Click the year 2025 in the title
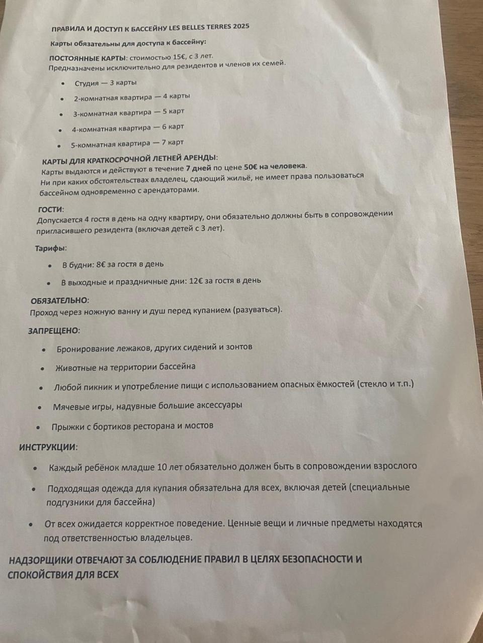(x=238, y=27)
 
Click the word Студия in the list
(x=87, y=83)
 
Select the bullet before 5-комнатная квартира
(x=59, y=146)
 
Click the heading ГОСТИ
(x=51, y=209)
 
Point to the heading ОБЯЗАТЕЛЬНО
(x=59, y=300)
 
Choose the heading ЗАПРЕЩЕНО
(x=53, y=331)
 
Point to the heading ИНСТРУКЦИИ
(x=48, y=447)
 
